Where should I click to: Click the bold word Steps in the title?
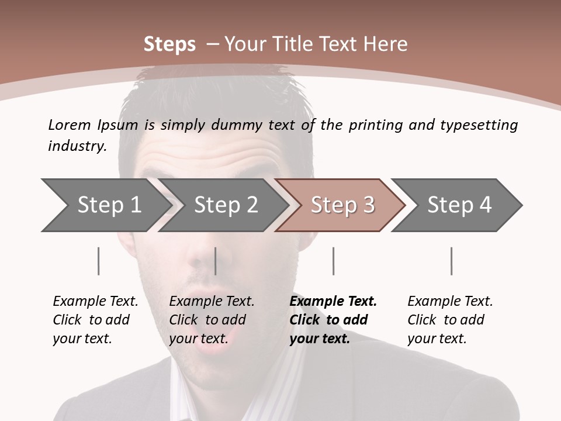(x=169, y=44)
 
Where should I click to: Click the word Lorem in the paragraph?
(x=70, y=125)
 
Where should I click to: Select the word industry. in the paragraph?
(x=77, y=146)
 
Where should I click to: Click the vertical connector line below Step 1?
(x=98, y=261)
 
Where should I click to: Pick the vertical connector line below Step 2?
(x=216, y=261)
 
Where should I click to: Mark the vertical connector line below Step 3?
(x=333, y=261)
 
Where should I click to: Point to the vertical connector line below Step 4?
(x=451, y=261)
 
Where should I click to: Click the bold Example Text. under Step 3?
(x=333, y=301)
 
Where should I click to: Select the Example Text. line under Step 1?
(x=95, y=301)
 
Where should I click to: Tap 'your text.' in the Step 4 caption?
(x=437, y=339)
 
